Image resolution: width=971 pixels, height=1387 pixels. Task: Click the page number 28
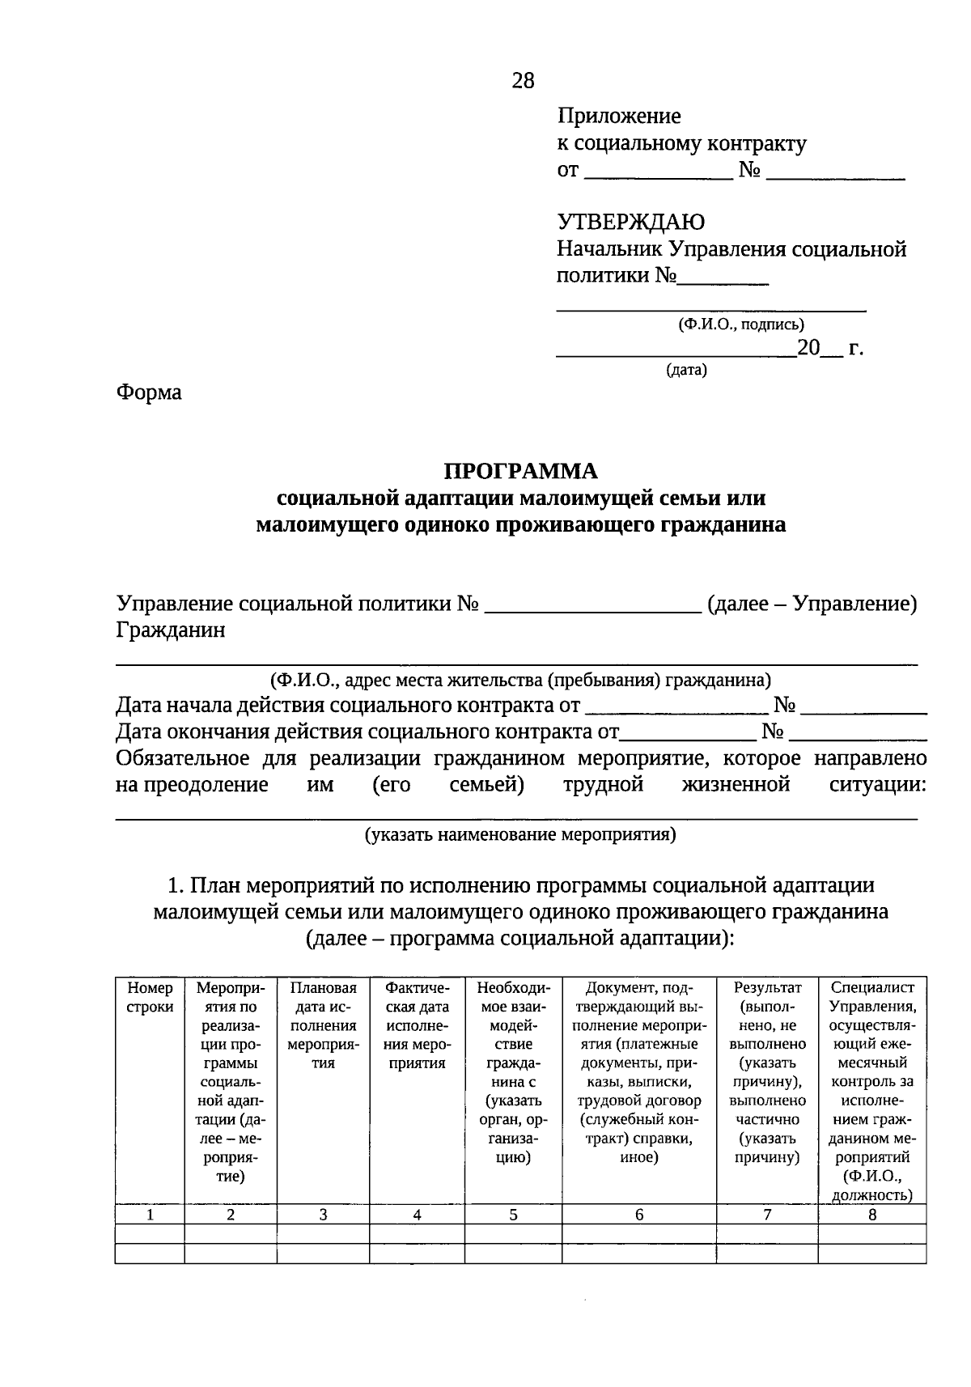[x=523, y=80]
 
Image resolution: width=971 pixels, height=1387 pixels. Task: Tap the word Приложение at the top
[x=619, y=117]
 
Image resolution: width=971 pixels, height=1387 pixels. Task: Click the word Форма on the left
[x=149, y=392]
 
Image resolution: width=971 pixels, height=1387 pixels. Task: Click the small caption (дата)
[x=686, y=371]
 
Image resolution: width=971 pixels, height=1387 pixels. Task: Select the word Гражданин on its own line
[x=171, y=630]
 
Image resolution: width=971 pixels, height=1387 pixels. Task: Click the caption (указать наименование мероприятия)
[x=519, y=834]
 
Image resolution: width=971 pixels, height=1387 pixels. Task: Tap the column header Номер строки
[x=150, y=997]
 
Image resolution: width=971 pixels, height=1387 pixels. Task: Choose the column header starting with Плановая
[x=323, y=1025]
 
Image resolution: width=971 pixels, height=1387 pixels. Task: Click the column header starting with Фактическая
[x=417, y=1025]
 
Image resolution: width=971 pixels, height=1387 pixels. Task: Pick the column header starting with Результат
[x=767, y=1072]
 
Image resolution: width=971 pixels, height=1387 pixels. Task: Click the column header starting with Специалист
[x=872, y=1091]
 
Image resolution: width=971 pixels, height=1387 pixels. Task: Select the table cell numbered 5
[x=513, y=1215]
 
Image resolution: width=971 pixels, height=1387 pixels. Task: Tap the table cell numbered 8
[x=872, y=1215]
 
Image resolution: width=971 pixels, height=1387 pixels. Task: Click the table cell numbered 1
[x=150, y=1215]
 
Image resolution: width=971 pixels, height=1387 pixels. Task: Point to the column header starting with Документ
[x=639, y=1072]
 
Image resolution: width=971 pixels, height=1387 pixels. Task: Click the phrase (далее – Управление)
[x=812, y=604]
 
